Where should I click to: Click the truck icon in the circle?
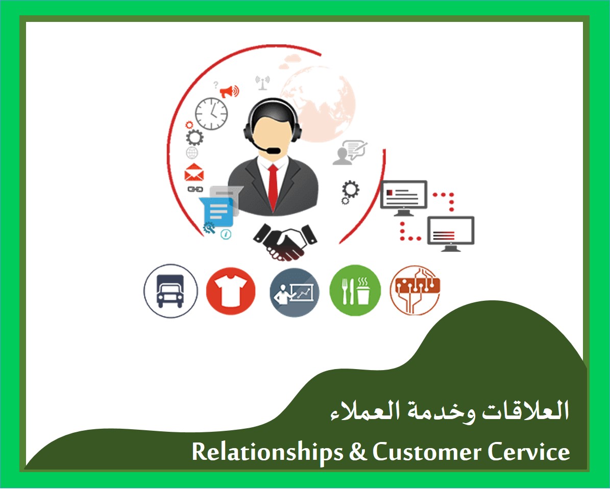pyautogui.click(x=170, y=291)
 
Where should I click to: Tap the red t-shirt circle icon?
pyautogui.click(x=231, y=291)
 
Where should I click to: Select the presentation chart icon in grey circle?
pyautogui.click(x=294, y=292)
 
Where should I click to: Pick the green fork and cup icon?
pyautogui.click(x=355, y=290)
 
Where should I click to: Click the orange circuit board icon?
pyautogui.click(x=416, y=290)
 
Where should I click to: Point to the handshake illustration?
pyautogui.click(x=285, y=242)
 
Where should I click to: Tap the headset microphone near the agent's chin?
pyautogui.click(x=272, y=150)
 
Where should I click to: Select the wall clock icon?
pyautogui.click(x=211, y=114)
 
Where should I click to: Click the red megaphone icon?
pyautogui.click(x=230, y=92)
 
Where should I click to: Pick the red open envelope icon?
pyautogui.click(x=194, y=172)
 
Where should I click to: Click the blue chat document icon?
pyautogui.click(x=216, y=212)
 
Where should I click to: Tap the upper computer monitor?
pyautogui.click(x=404, y=198)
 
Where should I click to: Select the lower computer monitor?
pyautogui.click(x=451, y=233)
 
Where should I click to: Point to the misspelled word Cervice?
pyautogui.click(x=529, y=452)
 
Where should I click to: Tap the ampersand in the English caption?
pyautogui.click(x=358, y=452)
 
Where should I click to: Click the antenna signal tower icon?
pyautogui.click(x=262, y=83)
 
